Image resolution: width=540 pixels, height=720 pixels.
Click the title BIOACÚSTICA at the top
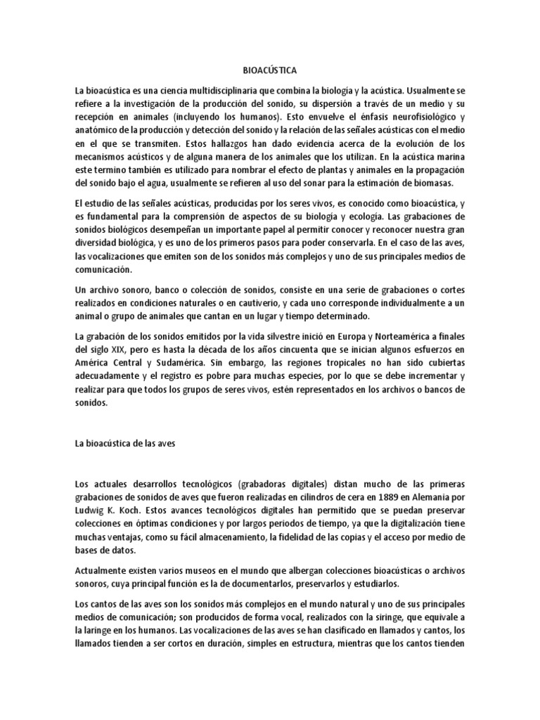tap(269, 71)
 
